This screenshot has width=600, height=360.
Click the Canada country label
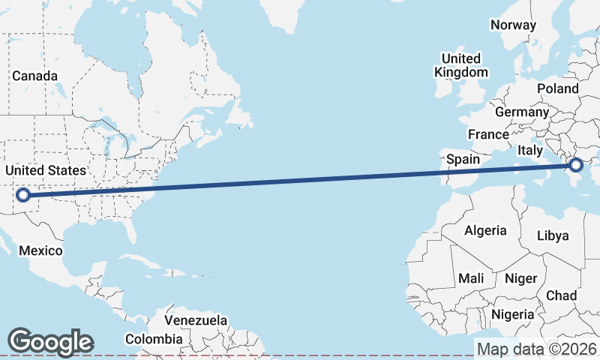click(34, 76)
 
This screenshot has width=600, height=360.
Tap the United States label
click(46, 170)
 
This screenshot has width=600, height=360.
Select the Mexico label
click(40, 250)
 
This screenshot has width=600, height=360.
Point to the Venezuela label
click(196, 320)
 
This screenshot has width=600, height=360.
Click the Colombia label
click(154, 339)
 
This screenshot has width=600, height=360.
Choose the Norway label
click(513, 25)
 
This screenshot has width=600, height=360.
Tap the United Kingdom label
click(461, 65)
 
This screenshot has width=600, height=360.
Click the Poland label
click(558, 88)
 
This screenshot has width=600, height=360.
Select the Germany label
click(522, 112)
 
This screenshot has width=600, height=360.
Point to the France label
click(488, 134)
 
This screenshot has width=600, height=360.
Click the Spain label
click(463, 159)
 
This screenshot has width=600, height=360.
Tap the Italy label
click(529, 150)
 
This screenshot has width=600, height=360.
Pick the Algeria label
click(485, 230)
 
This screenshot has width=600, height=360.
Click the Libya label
click(553, 235)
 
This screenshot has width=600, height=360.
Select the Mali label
click(471, 278)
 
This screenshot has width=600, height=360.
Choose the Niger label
click(521, 278)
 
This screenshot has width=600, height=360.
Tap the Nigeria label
click(514, 314)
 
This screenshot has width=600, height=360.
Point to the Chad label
click(561, 295)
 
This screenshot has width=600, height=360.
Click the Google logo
click(50, 341)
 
